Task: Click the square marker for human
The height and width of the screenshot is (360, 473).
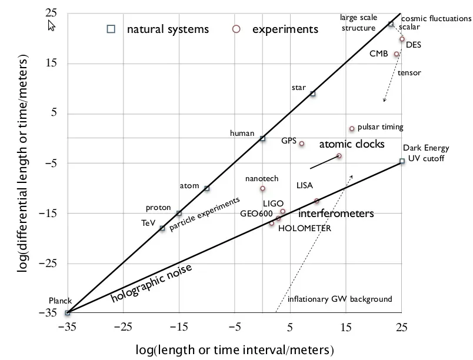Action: pyautogui.click(x=262, y=139)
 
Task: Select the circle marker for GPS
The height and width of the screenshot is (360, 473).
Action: pyautogui.click(x=302, y=144)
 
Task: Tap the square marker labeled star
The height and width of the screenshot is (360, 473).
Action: pyautogui.click(x=313, y=94)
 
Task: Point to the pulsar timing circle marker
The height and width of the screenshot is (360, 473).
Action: pyautogui.click(x=352, y=129)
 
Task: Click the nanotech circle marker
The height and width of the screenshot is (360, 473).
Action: pyautogui.click(x=262, y=189)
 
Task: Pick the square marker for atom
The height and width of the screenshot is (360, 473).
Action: pyautogui.click(x=206, y=188)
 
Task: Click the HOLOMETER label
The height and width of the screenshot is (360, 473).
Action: pyautogui.click(x=304, y=228)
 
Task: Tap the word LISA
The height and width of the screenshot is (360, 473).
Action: pyautogui.click(x=304, y=185)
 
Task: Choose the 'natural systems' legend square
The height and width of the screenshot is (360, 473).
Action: pyautogui.click(x=110, y=29)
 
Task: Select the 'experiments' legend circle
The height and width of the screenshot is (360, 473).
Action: pyautogui.click(x=236, y=29)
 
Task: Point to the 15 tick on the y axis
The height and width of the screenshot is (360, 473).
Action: pyautogui.click(x=52, y=64)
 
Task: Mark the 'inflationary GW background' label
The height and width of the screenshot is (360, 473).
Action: pyautogui.click(x=339, y=299)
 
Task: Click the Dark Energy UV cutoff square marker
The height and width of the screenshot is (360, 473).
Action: pyautogui.click(x=402, y=161)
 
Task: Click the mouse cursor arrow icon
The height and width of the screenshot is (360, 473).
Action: pyautogui.click(x=51, y=26)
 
